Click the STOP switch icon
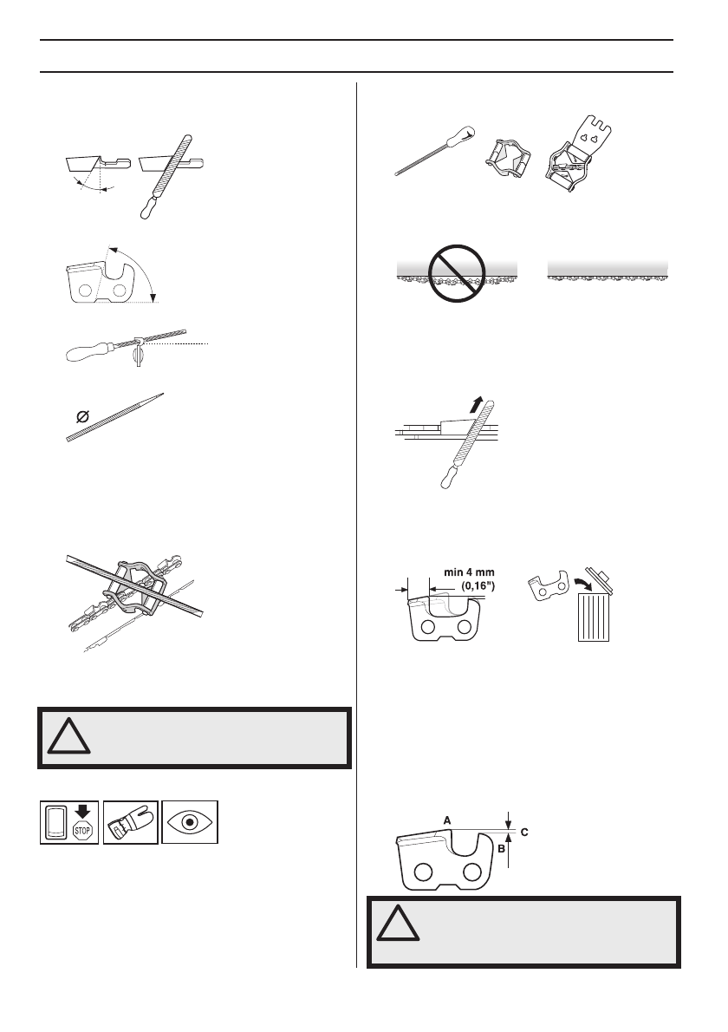[69, 821]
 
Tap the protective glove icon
[130, 821]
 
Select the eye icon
[191, 821]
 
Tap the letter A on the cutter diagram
[447, 819]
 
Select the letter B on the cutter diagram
[502, 850]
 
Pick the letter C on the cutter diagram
[524, 831]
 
